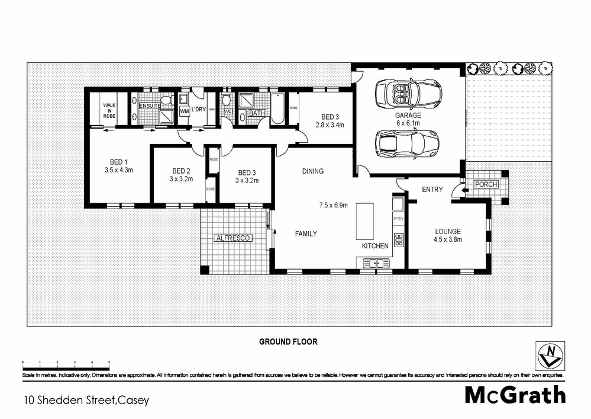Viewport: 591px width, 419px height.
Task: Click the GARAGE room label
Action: pyautogui.click(x=408, y=116)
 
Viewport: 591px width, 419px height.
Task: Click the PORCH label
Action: pyautogui.click(x=486, y=184)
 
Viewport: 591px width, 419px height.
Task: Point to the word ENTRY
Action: pyautogui.click(x=432, y=190)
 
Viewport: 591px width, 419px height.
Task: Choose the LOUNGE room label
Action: pyautogui.click(x=447, y=232)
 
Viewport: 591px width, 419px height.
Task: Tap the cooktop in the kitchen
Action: pyautogui.click(x=399, y=241)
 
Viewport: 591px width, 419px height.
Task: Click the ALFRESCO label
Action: pyautogui.click(x=234, y=238)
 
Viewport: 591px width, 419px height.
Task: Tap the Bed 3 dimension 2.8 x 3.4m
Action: pyautogui.click(x=330, y=125)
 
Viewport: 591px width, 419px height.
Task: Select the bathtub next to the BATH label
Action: pyautogui.click(x=278, y=108)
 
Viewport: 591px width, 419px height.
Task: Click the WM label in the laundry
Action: pyautogui.click(x=184, y=111)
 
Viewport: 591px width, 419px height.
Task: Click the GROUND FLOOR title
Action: pyautogui.click(x=288, y=342)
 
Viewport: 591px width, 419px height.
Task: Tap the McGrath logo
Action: pyautogui.click(x=515, y=395)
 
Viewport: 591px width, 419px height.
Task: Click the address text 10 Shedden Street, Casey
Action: pyautogui.click(x=86, y=399)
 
